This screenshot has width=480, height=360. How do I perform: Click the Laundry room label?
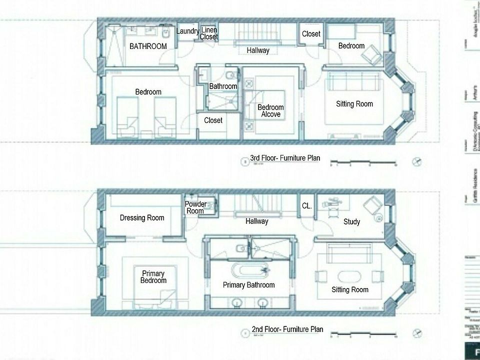coord(188,31)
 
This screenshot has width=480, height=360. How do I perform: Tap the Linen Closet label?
coord(209,33)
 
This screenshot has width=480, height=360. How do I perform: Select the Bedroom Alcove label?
coord(270,111)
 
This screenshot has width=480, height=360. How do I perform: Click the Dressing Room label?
coord(142,218)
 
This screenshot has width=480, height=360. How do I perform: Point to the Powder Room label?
coord(195,207)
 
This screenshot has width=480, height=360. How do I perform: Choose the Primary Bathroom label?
coord(248,285)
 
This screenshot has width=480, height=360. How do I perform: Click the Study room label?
coord(351,222)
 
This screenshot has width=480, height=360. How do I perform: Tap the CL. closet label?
coord(307,205)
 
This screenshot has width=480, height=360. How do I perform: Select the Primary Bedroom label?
coord(153,277)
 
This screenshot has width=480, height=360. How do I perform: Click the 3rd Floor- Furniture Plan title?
coord(285,158)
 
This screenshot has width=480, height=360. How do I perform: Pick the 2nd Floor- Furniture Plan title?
coord(287,329)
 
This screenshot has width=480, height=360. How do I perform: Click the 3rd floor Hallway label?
coord(258,50)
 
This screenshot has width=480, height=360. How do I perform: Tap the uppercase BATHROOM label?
coord(148,46)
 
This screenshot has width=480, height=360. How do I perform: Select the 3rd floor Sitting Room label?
coord(354,104)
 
